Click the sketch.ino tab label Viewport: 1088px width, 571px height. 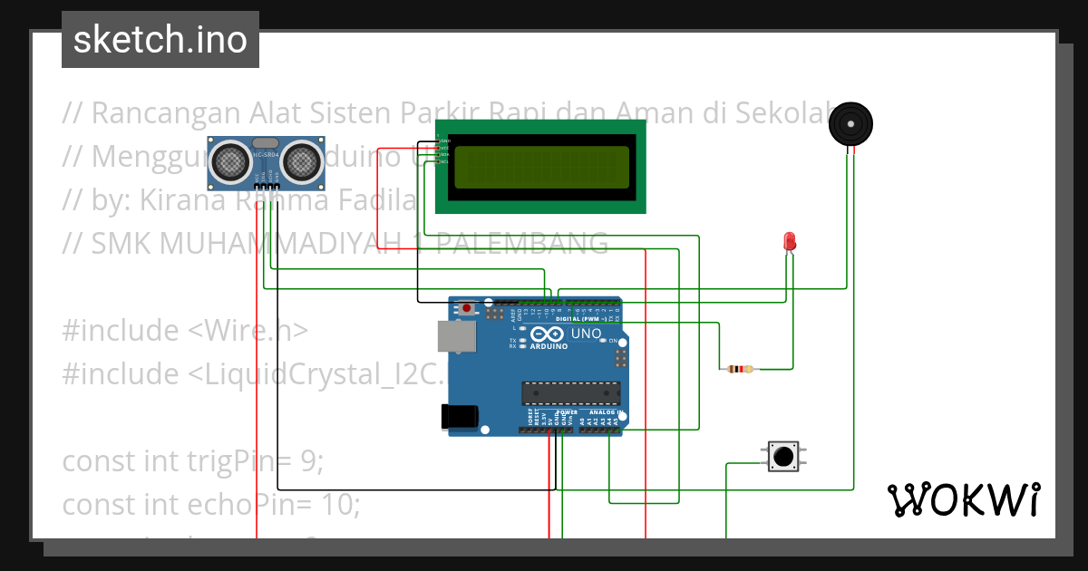click(160, 40)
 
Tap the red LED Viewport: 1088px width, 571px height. click(790, 241)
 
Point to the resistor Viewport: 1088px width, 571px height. click(741, 369)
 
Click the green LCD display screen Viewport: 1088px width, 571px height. click(541, 168)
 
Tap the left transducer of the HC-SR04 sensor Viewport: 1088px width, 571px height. click(232, 162)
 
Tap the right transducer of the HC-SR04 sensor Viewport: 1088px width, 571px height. click(300, 162)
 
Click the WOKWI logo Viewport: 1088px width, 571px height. click(963, 499)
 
